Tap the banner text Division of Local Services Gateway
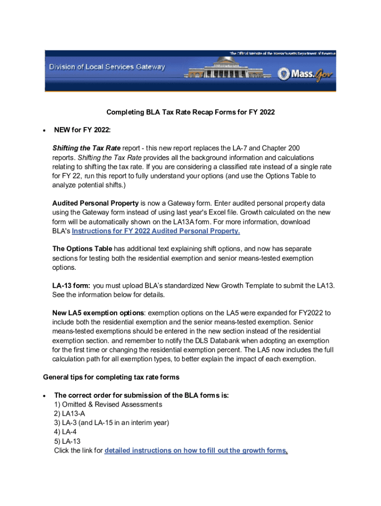click(x=106, y=67)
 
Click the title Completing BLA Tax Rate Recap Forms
click(x=190, y=112)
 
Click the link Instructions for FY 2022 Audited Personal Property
click(x=156, y=231)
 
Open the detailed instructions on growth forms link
click(x=196, y=450)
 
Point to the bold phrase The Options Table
click(x=82, y=249)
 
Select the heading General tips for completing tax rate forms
click(x=111, y=377)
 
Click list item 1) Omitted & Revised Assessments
click(x=108, y=404)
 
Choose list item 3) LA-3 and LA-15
click(x=112, y=423)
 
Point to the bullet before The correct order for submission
click(x=45, y=396)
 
